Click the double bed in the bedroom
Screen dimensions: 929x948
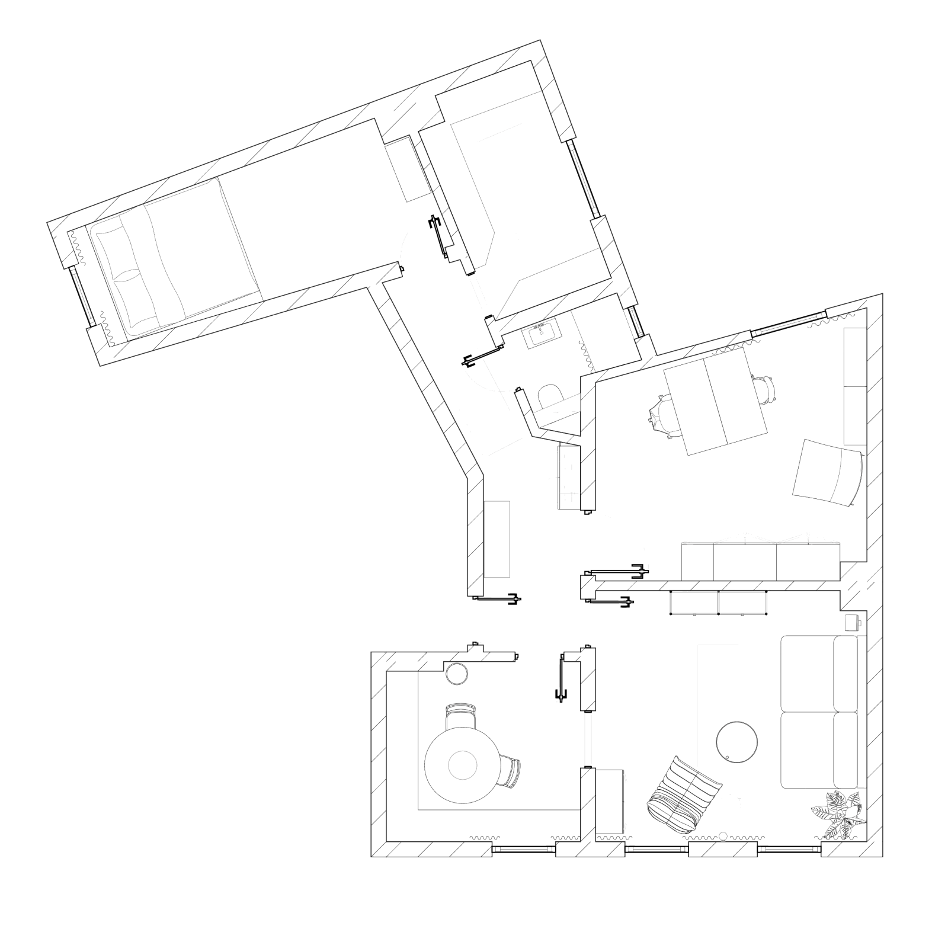point(178,255)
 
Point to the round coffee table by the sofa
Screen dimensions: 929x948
point(736,741)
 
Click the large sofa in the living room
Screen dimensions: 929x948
point(819,712)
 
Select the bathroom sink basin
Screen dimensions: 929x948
point(541,334)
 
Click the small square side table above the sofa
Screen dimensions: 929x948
point(851,623)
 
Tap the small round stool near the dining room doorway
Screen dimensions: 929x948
point(457,674)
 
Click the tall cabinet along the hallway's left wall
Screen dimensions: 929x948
point(497,539)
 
